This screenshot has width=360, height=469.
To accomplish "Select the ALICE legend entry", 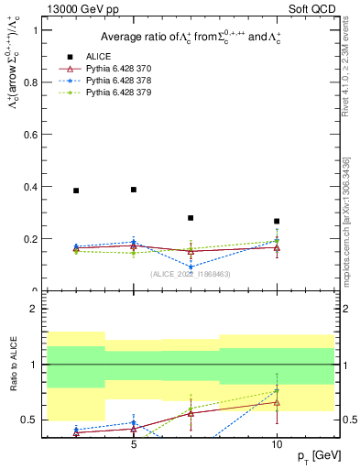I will (98, 55).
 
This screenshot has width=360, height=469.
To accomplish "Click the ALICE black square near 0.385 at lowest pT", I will (76, 191).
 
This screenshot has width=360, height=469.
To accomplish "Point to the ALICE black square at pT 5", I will (134, 190).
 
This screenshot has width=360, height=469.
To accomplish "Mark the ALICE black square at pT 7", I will (191, 218).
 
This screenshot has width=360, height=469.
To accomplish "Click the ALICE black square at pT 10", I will (277, 221).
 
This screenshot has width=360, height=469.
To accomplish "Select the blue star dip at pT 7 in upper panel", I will (191, 267).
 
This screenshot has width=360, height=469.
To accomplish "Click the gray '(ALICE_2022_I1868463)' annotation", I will (190, 274).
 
